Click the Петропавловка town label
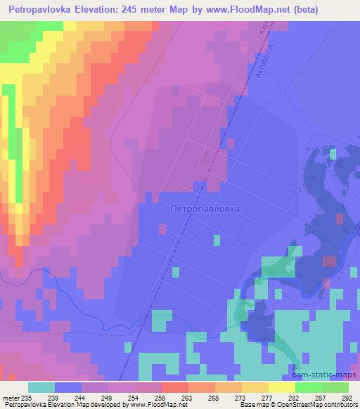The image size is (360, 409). tap(205, 209)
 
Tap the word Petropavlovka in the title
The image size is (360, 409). tap(43, 10)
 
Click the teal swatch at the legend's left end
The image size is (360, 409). tap(41, 387)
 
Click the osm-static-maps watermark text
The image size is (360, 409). tap(329, 377)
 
